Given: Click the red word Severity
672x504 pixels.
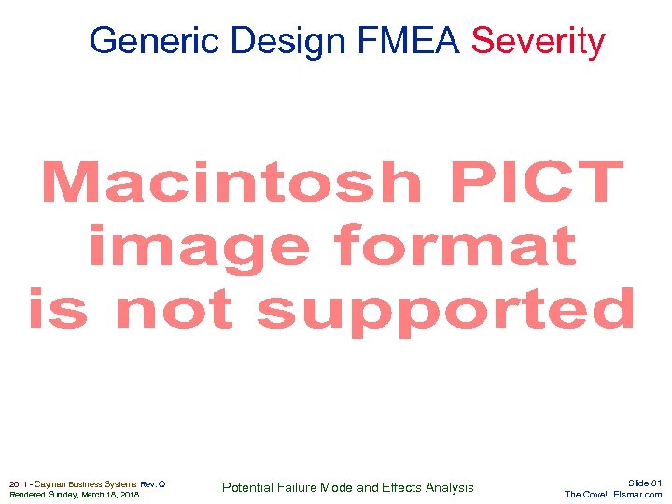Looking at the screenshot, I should [539, 41].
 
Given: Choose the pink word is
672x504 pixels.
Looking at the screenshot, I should [58, 308].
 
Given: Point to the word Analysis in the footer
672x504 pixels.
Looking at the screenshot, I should [449, 487].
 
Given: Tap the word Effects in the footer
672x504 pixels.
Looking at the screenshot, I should [401, 487].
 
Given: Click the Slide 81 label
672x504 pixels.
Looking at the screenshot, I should [644, 483].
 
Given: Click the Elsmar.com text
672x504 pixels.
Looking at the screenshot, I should [639, 495].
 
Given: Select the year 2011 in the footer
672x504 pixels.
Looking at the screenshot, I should [19, 483].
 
